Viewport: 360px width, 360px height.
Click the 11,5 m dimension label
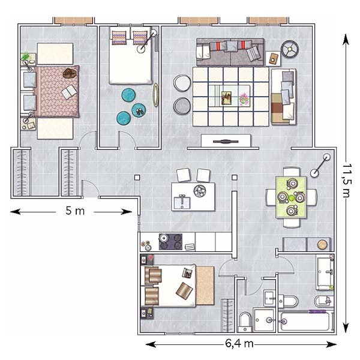coord(346,181)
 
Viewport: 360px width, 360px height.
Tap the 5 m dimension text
coord(75,211)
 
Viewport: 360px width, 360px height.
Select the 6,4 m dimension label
coord(239,344)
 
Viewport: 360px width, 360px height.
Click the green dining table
coord(291,197)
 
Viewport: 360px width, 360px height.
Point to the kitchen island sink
coord(182,202)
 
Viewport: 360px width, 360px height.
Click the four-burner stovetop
coord(170,242)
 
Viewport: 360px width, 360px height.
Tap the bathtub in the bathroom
coord(307,322)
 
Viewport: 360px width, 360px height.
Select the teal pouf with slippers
coord(139,110)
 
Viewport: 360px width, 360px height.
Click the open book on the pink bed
coord(68,92)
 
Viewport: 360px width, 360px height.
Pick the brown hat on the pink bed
coord(70,73)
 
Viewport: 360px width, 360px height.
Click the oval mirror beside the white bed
coord(155,95)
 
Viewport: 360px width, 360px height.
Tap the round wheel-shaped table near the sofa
coord(290,49)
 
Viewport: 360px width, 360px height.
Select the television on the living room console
coord(226,142)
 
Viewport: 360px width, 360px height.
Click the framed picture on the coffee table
coord(226,98)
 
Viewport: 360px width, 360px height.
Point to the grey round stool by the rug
coord(182,106)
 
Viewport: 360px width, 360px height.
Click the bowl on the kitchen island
coord(200,191)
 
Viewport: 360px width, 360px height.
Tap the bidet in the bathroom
coord(323,301)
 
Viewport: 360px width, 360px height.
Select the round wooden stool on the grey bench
coord(322,245)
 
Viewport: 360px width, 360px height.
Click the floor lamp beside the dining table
coord(320,165)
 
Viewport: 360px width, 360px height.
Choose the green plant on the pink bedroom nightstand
coord(25,56)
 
